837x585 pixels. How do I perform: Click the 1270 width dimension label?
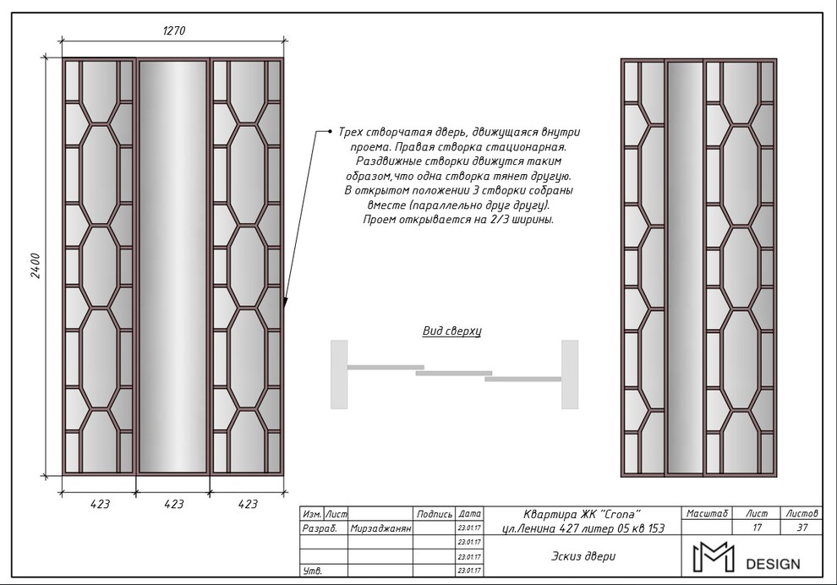[174, 31]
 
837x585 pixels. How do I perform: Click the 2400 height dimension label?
[36, 265]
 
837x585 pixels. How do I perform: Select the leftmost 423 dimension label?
[100, 504]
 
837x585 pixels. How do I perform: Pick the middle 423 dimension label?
[174, 504]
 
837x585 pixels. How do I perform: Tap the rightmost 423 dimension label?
[248, 504]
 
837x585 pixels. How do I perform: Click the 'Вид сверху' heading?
[451, 331]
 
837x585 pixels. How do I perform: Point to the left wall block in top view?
[339, 375]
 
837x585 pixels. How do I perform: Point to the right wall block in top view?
[570, 375]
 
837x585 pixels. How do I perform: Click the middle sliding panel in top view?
[454, 373]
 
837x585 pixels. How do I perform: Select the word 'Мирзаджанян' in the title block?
[380, 529]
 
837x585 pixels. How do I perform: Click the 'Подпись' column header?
[435, 514]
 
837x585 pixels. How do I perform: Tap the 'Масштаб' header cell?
[708, 513]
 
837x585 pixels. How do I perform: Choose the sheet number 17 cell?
[757, 528]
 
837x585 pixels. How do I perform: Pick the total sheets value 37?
[801, 528]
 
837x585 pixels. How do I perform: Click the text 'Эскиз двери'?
[583, 556]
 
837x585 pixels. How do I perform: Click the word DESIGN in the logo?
[773, 564]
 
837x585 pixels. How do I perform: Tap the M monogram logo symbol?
[714, 557]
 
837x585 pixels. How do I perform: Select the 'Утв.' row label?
[312, 571]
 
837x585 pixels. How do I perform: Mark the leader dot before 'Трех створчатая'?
[331, 131]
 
